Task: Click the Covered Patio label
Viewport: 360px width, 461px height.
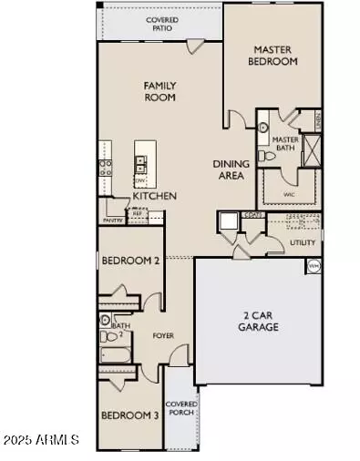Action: pyautogui.click(x=162, y=25)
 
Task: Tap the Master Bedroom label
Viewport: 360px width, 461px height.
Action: pyautogui.click(x=274, y=56)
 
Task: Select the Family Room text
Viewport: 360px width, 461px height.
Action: pyautogui.click(x=159, y=92)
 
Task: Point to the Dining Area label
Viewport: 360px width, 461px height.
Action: pyautogui.click(x=231, y=170)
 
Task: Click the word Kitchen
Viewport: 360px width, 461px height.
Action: pyautogui.click(x=154, y=196)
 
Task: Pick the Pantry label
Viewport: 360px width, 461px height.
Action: pyautogui.click(x=113, y=220)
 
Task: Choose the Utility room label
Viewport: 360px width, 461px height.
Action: pyautogui.click(x=302, y=243)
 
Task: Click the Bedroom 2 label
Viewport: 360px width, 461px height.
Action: pyautogui.click(x=130, y=261)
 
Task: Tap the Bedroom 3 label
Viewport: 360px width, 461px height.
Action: pyautogui.click(x=129, y=416)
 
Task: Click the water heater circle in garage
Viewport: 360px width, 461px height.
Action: pyautogui.click(x=314, y=265)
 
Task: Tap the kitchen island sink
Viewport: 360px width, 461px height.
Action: pyautogui.click(x=142, y=164)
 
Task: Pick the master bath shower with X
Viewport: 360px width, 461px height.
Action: pyautogui.click(x=311, y=148)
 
